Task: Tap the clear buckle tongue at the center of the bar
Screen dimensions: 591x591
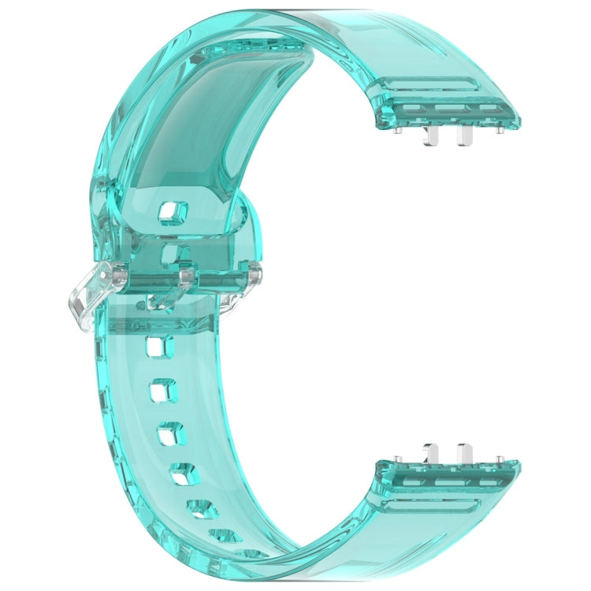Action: pyautogui.click(x=187, y=277)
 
